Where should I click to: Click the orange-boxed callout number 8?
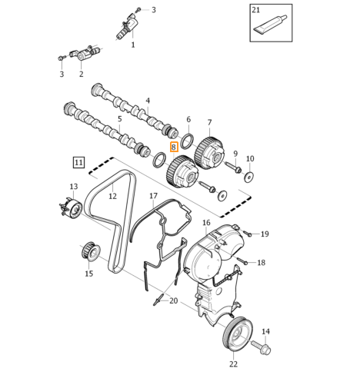[x=174, y=147]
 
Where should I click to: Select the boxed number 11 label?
[x=78, y=162]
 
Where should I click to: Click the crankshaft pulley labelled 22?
[x=237, y=334]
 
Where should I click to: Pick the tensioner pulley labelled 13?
[x=70, y=208]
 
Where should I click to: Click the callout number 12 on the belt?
[x=112, y=196]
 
